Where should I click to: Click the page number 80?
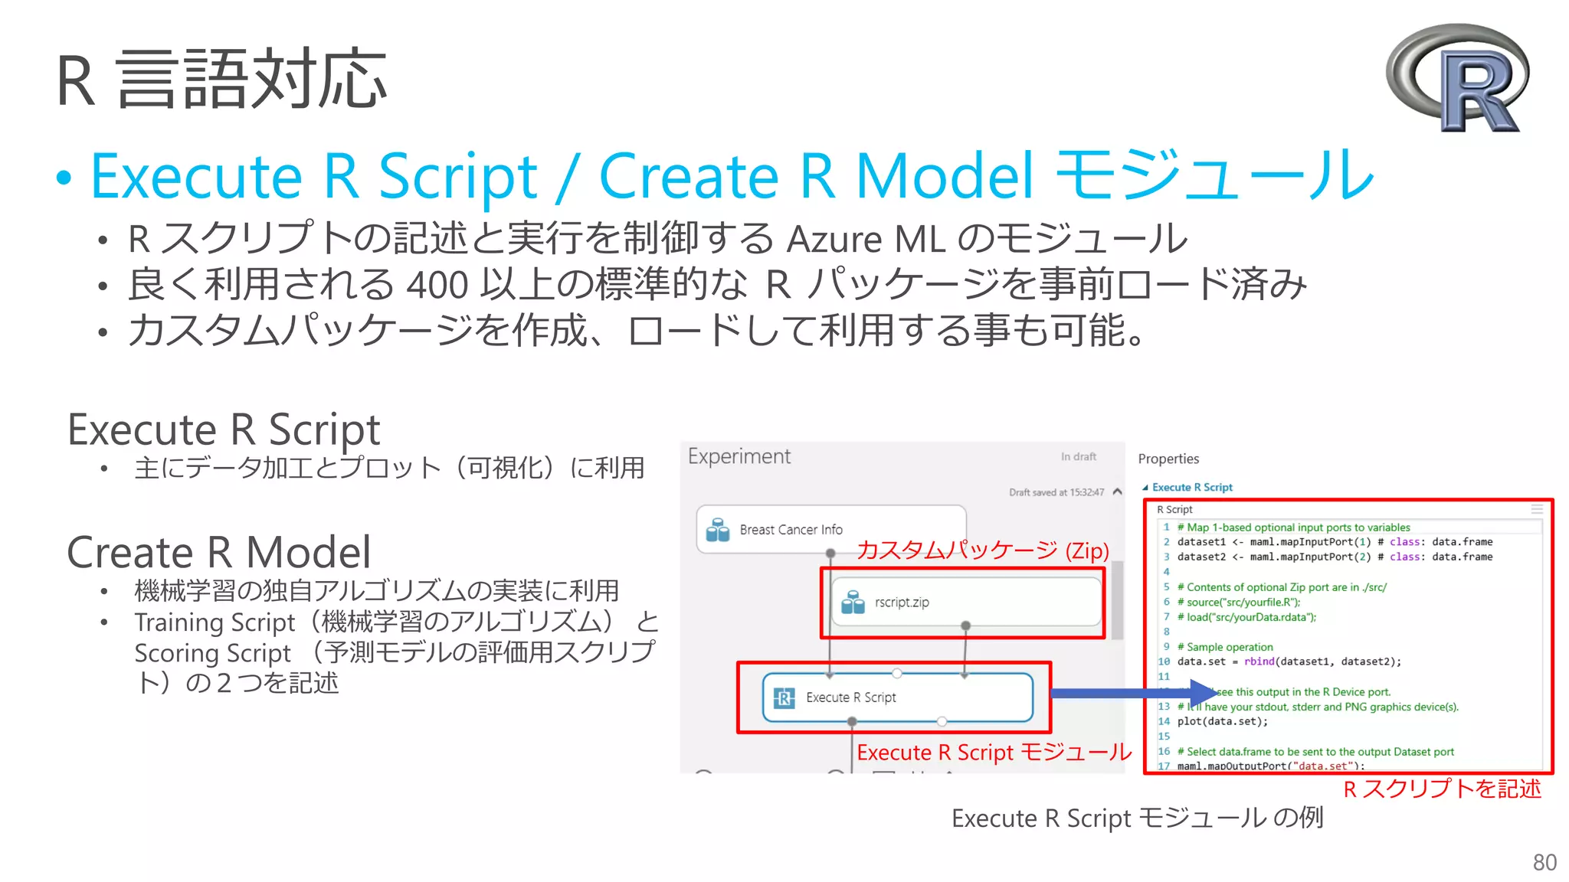1544,862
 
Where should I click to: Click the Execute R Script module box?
897,697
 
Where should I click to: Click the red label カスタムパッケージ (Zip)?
982,550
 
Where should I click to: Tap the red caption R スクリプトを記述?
1441,789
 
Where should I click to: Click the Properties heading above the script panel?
1168,459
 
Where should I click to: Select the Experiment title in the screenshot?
739,456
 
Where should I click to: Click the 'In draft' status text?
1078,456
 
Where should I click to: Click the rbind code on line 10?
1259,661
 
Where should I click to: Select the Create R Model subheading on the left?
218,552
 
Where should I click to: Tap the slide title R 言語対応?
221,79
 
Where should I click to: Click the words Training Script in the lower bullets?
215,622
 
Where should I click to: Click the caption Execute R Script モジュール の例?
1137,818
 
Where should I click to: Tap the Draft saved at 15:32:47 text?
1056,492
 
